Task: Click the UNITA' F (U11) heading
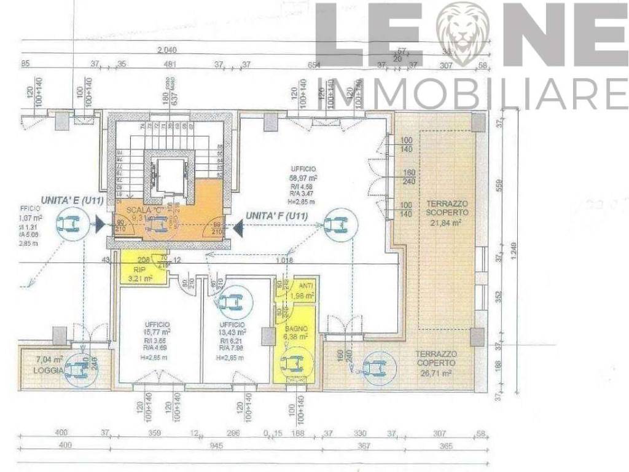[x=276, y=216]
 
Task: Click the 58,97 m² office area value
[x=303, y=177]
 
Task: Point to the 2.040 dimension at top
[x=170, y=50]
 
